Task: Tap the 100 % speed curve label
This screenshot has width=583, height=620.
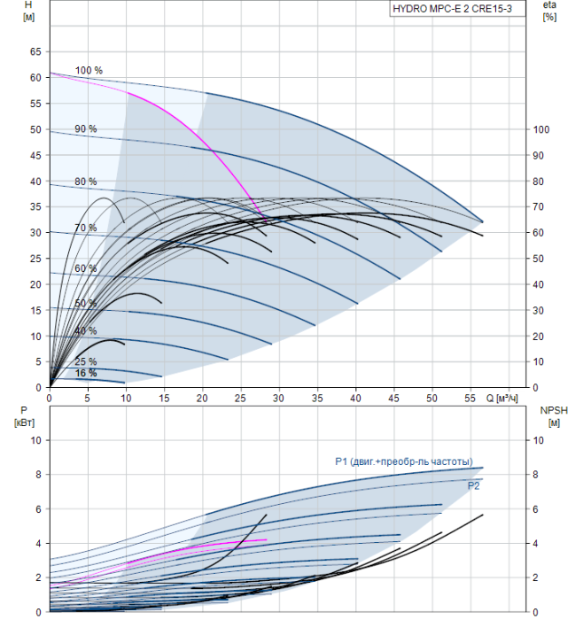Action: click(89, 71)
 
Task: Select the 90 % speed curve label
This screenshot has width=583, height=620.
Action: click(86, 129)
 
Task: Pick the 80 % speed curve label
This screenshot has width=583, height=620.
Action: click(86, 182)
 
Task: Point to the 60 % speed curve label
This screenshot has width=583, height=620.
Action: click(86, 268)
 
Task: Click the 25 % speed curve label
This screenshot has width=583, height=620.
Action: click(86, 361)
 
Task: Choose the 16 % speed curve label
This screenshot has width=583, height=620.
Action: click(86, 373)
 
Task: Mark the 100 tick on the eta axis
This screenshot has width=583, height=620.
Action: click(540, 130)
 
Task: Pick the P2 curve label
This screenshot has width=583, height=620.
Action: click(474, 485)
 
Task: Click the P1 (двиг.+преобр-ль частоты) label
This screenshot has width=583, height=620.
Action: click(403, 461)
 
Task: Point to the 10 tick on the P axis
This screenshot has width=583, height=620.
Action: click(36, 440)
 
